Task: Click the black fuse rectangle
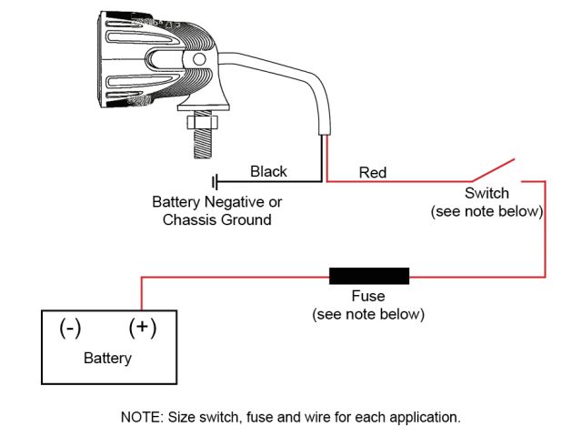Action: click(369, 276)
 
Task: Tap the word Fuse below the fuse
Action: click(368, 297)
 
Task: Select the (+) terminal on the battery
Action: click(142, 327)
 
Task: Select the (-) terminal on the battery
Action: click(71, 327)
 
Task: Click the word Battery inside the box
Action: click(107, 358)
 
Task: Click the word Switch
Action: click(487, 193)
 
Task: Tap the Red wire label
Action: click(373, 172)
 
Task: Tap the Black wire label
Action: click(268, 171)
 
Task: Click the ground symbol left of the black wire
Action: click(216, 181)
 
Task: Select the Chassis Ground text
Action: click(216, 220)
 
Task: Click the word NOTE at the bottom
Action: click(139, 418)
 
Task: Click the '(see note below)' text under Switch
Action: click(487, 211)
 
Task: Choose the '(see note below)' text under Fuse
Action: click(368, 314)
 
